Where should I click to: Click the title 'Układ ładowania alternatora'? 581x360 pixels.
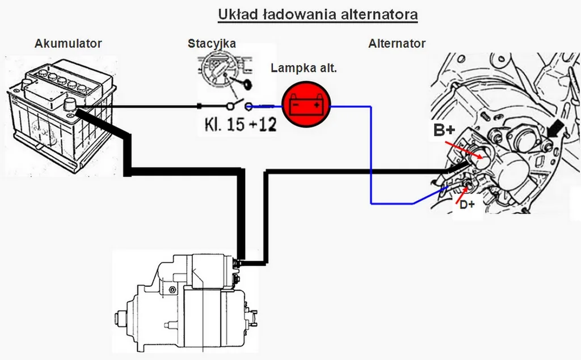(x=318, y=14)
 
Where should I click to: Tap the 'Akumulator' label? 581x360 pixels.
(x=68, y=44)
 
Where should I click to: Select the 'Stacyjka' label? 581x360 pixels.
(x=211, y=44)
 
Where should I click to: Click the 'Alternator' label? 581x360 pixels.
(x=397, y=44)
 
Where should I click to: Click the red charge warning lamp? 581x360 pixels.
(x=306, y=105)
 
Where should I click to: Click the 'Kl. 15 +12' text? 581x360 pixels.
(x=238, y=125)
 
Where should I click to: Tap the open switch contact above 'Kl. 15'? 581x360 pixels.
(x=239, y=105)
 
